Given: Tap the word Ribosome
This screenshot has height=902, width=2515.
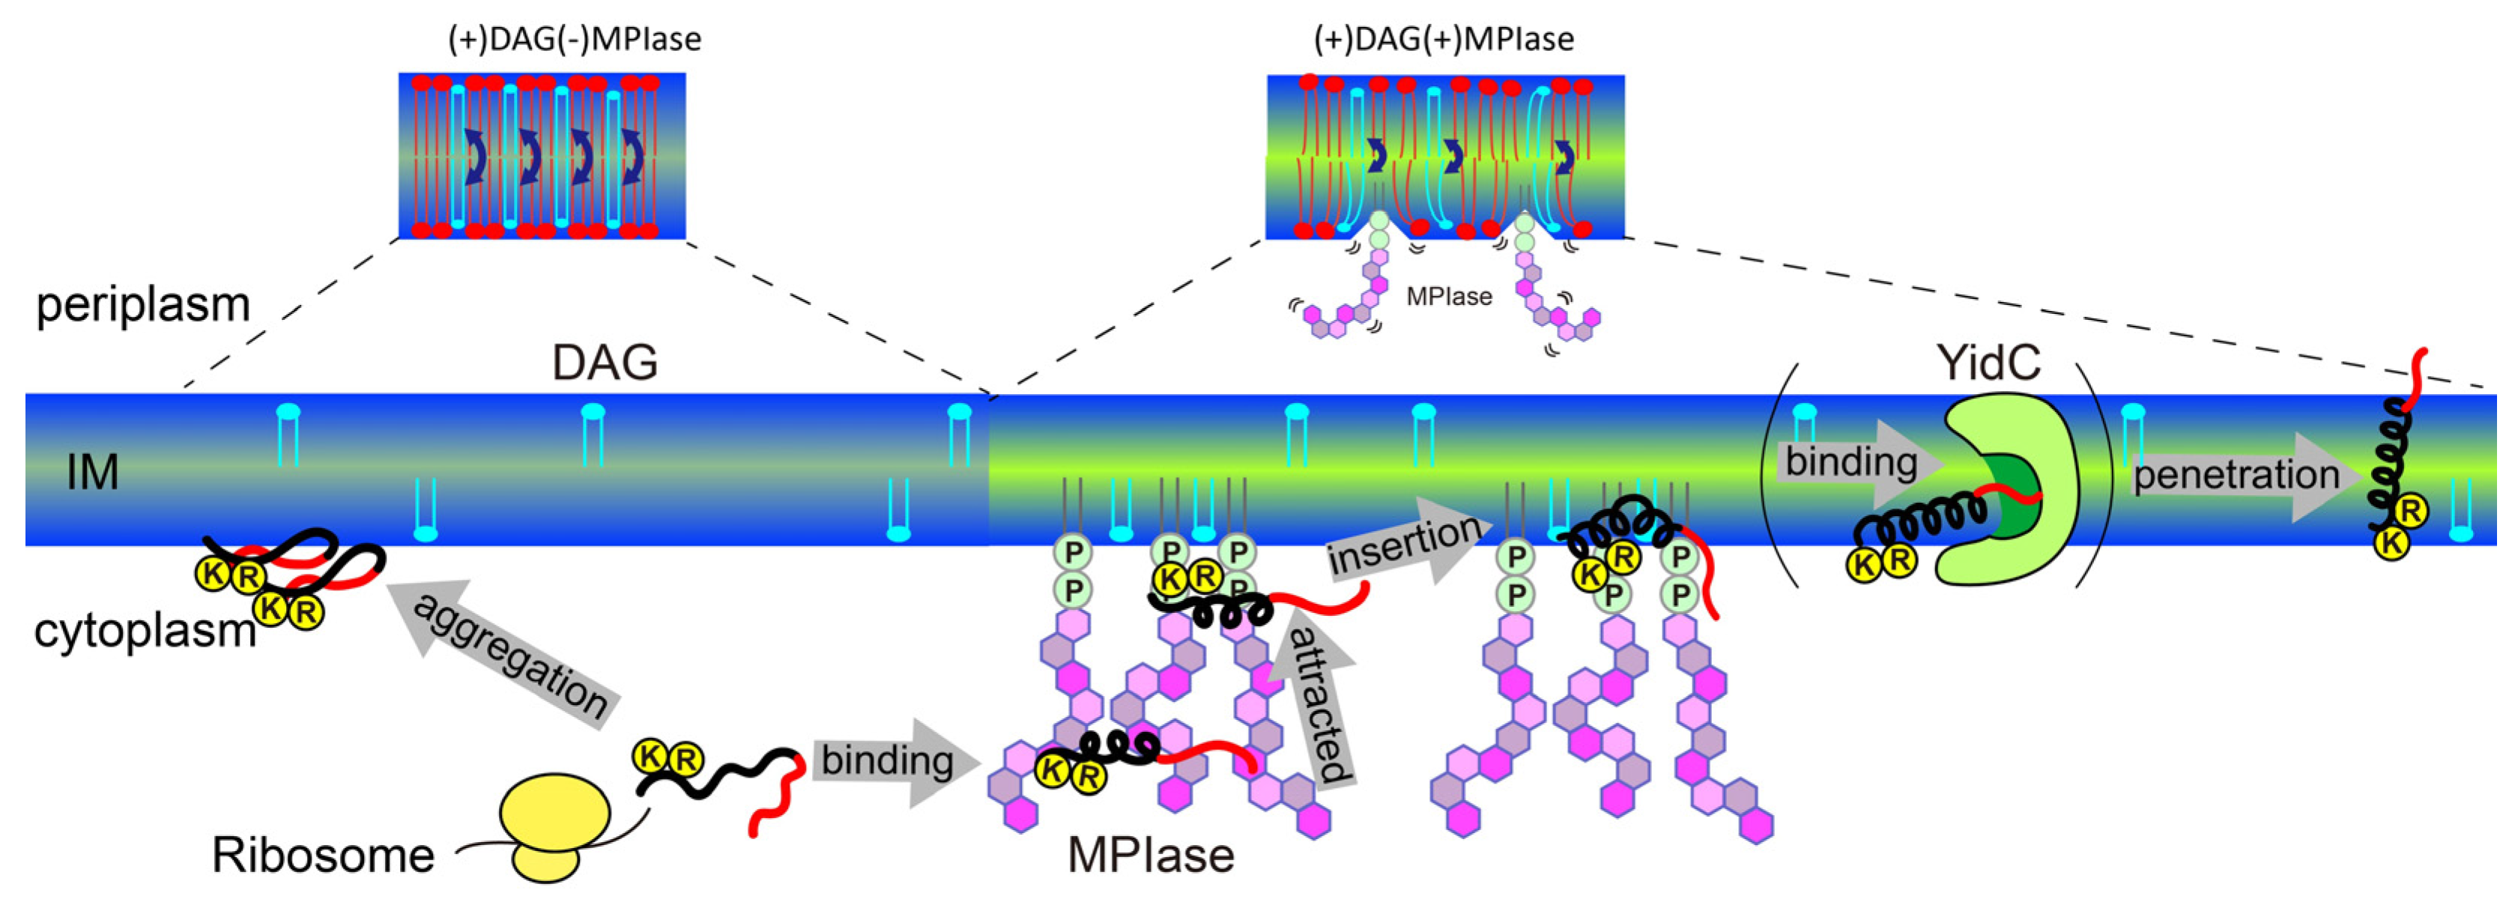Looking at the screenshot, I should (323, 856).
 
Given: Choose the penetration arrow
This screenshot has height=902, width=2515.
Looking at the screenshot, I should (2245, 476).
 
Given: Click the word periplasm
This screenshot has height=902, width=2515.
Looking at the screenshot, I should (144, 305).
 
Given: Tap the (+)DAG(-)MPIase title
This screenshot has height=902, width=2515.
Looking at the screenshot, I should (574, 39).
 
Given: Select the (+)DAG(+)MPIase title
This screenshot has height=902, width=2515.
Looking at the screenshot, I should (1444, 39).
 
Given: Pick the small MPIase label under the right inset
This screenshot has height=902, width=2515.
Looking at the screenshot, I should (1449, 297).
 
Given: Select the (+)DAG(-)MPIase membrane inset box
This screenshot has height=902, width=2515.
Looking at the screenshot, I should (542, 155).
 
